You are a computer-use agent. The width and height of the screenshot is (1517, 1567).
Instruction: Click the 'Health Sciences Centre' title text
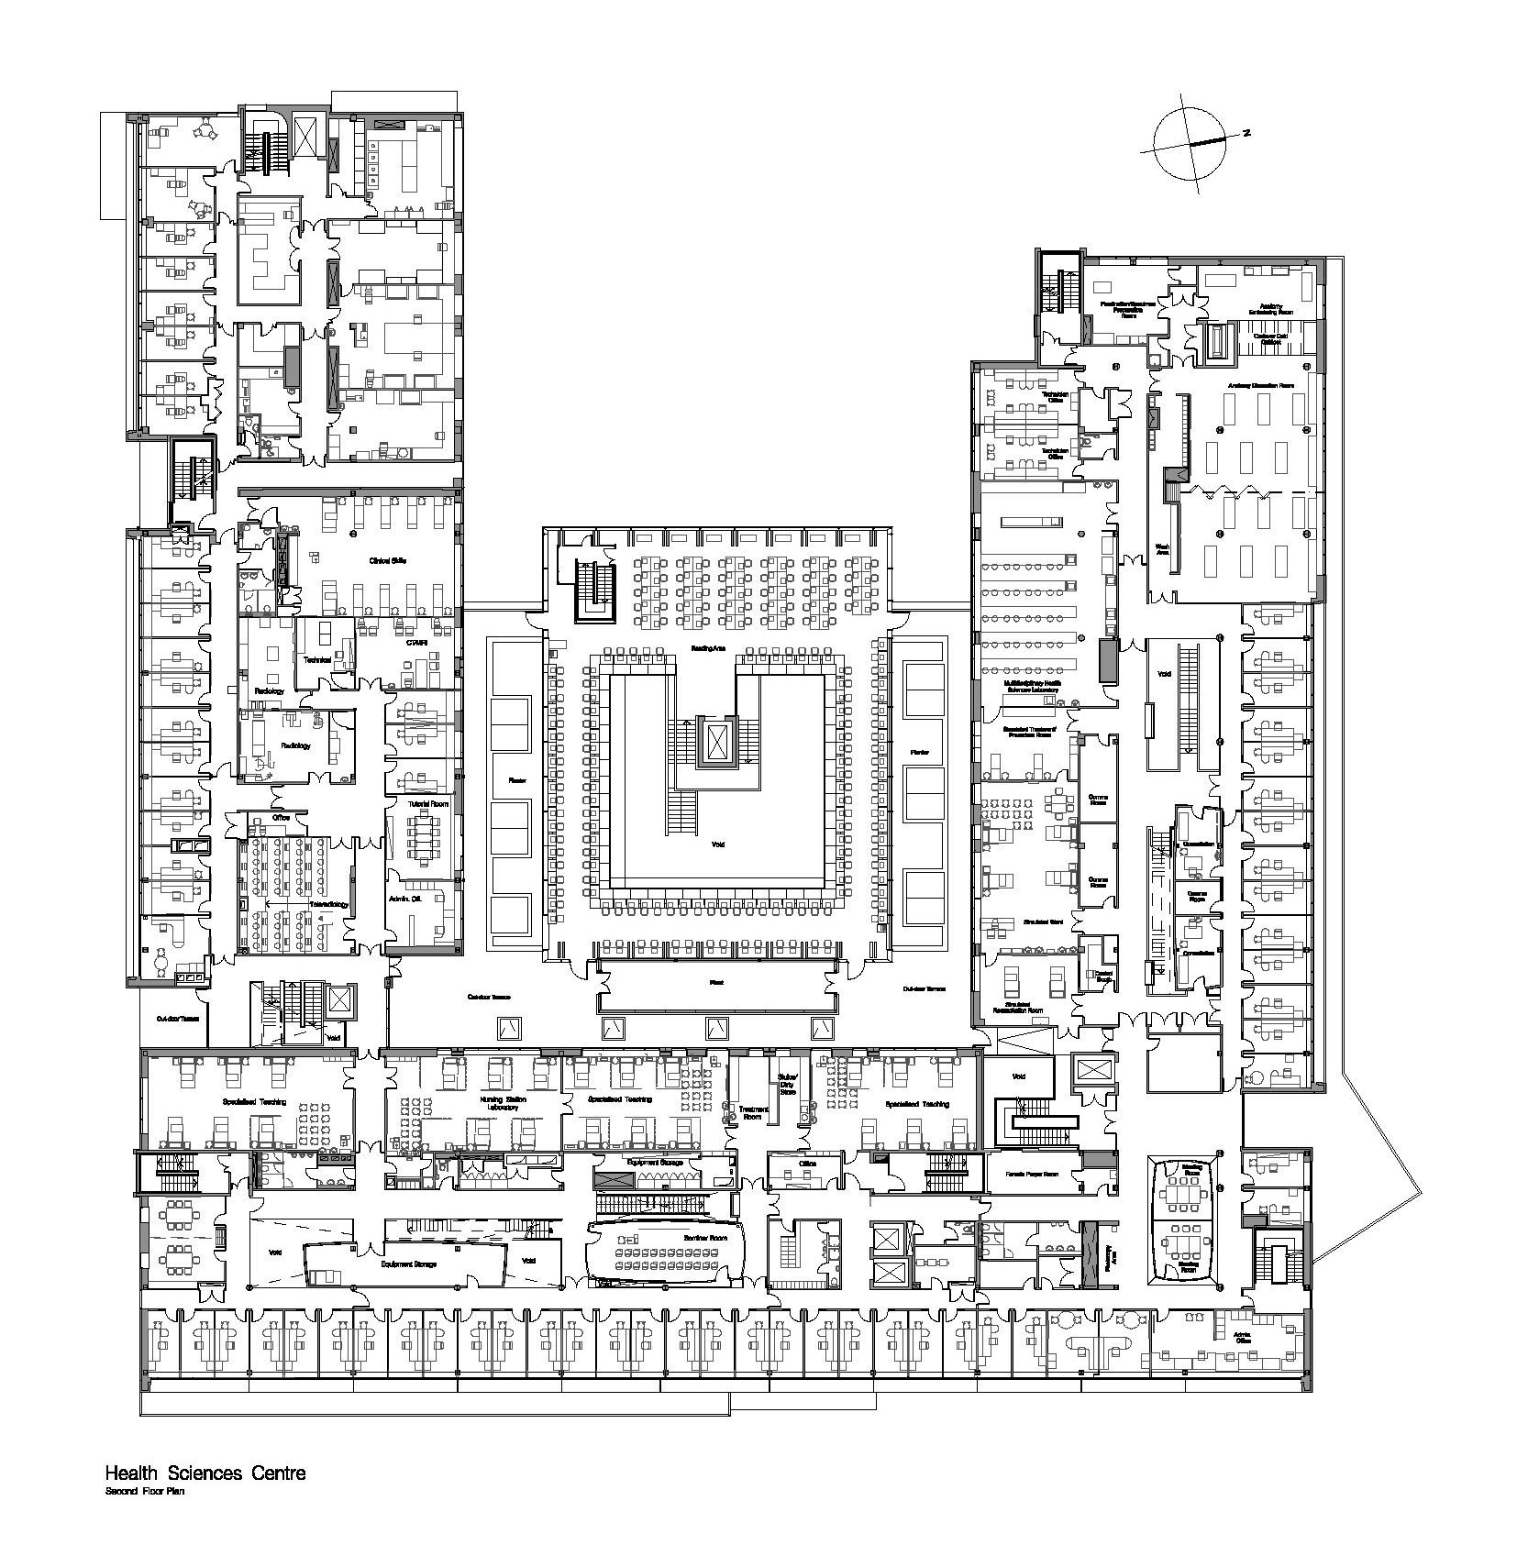pos(205,1499)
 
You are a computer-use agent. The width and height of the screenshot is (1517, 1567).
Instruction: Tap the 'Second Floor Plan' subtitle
pos(146,1517)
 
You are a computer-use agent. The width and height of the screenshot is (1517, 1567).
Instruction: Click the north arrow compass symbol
pos(1190,144)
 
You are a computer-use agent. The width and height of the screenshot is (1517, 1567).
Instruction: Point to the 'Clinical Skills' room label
pos(388,560)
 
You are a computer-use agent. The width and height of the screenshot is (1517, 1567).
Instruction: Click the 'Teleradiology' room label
pos(328,902)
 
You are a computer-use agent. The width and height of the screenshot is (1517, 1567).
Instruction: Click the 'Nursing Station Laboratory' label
pos(504,1103)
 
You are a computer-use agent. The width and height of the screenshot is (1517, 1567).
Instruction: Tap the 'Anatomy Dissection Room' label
pos(1262,385)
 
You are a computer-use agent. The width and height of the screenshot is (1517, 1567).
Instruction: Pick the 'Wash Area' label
pos(1161,550)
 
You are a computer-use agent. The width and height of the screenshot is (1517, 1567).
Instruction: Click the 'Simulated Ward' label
pos(1043,920)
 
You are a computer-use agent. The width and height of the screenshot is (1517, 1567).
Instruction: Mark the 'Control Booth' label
pos(1103,977)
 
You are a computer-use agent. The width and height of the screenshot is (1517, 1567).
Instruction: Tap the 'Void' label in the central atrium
pos(717,844)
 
